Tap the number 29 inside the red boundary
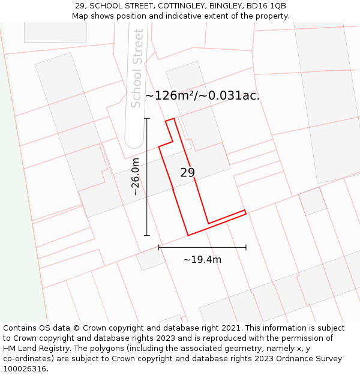coord(187,173)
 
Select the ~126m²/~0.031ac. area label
coord(202,95)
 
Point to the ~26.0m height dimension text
coord(136,177)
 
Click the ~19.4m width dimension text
coord(202,260)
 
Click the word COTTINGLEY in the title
coord(179,6)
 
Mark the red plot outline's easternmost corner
coord(245,211)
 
